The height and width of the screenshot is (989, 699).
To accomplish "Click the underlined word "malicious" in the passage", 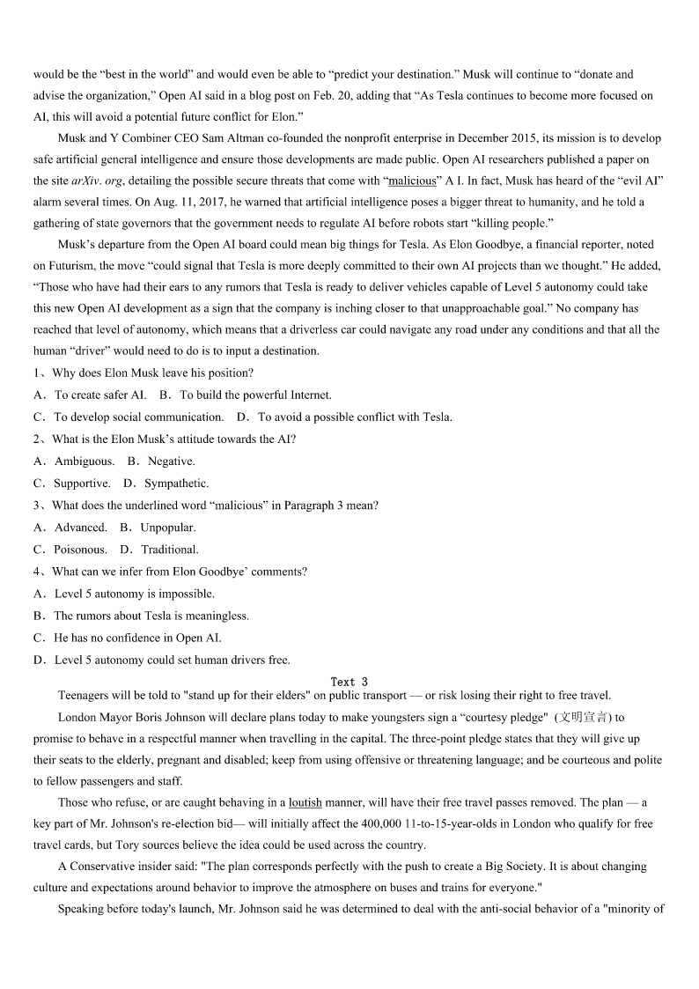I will click(x=412, y=181).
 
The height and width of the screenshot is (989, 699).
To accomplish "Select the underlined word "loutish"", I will click(x=305, y=802).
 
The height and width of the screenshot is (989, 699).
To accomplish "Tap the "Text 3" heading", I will click(x=349, y=682).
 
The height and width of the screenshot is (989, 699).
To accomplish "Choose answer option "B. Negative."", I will click(x=161, y=461).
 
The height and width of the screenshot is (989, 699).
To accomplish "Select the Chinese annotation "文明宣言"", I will click(x=584, y=717).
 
